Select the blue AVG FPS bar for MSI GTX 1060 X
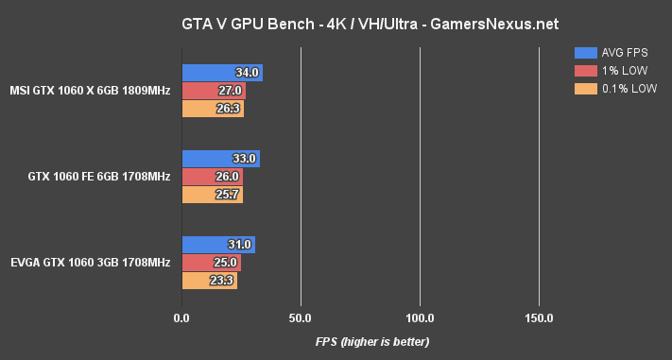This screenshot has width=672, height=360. (221, 73)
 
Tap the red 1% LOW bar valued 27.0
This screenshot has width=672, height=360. (213, 91)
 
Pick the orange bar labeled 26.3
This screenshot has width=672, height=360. (212, 108)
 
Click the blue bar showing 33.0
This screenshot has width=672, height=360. (220, 159)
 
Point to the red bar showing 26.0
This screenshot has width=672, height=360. (212, 177)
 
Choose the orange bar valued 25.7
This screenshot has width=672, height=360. (212, 195)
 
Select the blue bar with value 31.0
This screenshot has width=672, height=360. (217, 245)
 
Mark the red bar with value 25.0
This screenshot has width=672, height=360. (211, 263)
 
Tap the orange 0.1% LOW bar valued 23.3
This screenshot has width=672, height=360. (209, 281)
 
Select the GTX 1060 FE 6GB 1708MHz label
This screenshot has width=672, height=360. (100, 177)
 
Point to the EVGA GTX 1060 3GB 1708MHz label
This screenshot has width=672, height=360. (90, 263)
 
